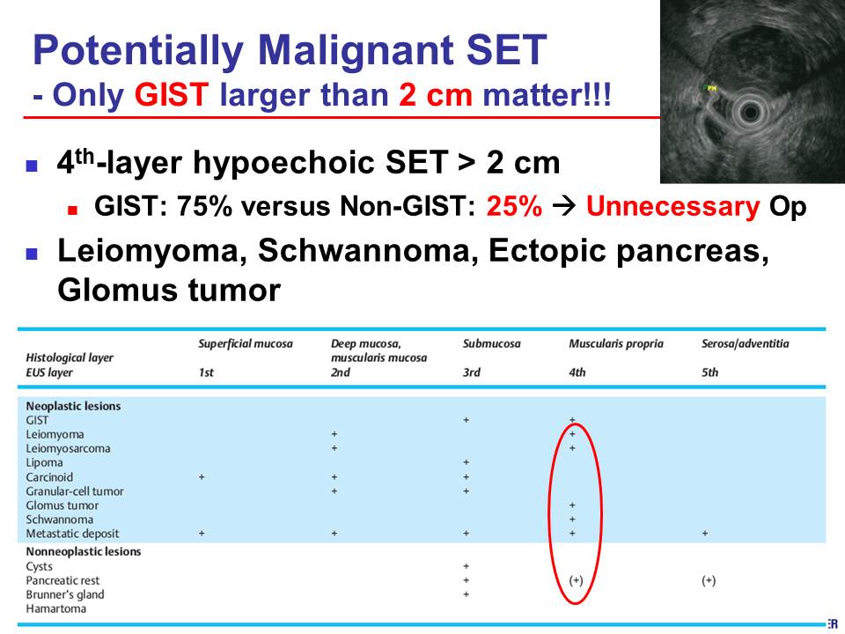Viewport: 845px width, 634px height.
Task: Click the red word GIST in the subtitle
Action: [172, 95]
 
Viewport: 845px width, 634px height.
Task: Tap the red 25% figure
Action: [514, 206]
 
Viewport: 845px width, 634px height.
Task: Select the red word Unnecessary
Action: [673, 207]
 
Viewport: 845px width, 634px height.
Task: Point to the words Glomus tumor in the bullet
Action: [169, 290]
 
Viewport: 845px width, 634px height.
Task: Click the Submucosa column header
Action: [491, 344]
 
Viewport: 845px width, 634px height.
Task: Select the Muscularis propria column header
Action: [616, 344]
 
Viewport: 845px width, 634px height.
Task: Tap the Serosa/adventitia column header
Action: [746, 344]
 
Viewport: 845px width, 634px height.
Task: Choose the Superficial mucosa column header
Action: [246, 344]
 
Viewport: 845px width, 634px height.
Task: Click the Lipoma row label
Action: [44, 462]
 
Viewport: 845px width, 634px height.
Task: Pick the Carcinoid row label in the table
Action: [49, 477]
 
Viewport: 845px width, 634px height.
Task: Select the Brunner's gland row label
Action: [65, 594]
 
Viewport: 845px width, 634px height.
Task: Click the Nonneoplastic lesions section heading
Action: [84, 551]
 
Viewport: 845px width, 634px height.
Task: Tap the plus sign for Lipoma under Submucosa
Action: [467, 462]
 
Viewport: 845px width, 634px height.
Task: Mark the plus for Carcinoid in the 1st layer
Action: [202, 477]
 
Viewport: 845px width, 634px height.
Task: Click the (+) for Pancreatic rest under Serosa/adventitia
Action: [709, 580]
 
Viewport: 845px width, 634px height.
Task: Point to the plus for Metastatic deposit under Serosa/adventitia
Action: [705, 534]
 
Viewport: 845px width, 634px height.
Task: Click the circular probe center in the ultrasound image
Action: [750, 114]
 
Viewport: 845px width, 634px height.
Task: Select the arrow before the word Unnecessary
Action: [564, 207]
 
